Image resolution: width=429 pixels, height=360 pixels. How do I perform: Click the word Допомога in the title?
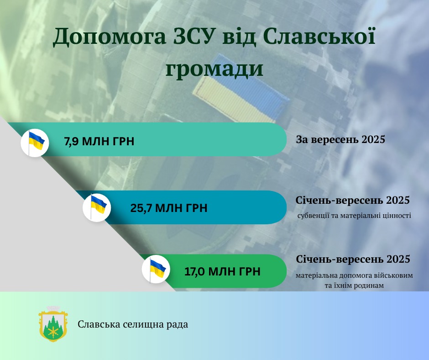[110, 37]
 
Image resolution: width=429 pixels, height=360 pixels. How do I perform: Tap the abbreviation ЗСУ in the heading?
[193, 36]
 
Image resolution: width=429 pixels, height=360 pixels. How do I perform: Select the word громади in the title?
[214, 69]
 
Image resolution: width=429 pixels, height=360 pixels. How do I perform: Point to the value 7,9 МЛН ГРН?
[99, 141]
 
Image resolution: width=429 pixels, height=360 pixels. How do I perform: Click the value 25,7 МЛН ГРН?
[169, 208]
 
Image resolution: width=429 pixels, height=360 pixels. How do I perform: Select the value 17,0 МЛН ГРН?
[222, 271]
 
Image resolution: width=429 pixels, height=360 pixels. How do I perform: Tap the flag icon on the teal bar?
[35, 143]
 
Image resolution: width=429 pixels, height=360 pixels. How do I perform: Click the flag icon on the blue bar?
[97, 207]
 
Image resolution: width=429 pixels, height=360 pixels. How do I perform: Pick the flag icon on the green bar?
[156, 269]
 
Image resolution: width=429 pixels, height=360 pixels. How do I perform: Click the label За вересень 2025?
[340, 139]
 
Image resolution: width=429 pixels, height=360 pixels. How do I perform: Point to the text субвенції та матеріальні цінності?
[354, 216]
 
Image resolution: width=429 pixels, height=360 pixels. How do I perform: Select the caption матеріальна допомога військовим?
[354, 275]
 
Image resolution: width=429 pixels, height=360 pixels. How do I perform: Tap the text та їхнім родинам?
[354, 286]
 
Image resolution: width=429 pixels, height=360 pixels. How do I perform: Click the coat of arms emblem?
[53, 324]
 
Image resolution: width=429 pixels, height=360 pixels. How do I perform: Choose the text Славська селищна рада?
[133, 324]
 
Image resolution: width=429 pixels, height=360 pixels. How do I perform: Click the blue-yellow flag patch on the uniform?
[241, 89]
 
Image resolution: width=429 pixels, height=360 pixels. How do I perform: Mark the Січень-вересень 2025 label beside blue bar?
[352, 200]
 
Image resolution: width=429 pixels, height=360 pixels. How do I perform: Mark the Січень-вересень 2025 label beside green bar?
[353, 259]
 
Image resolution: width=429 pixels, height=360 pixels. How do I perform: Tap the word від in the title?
[239, 36]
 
